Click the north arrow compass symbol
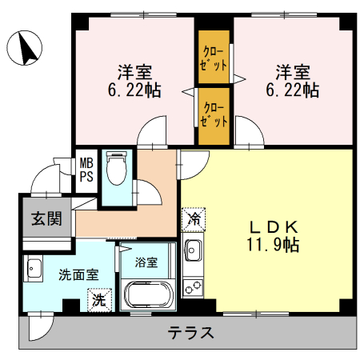(24, 48)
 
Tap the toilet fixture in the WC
(116, 168)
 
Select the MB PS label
(86, 170)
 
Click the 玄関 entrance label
(46, 218)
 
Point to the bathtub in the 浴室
(148, 294)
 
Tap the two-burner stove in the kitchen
(193, 287)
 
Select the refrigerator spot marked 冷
(194, 219)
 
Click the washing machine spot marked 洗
(100, 300)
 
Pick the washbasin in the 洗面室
(33, 268)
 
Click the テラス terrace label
(190, 333)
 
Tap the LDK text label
(274, 227)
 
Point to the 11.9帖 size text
(273, 245)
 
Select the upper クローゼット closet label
(214, 58)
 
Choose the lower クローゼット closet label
(214, 114)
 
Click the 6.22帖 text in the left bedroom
(134, 90)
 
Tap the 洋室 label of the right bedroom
(293, 72)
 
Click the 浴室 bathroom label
(146, 262)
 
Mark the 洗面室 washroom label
(78, 275)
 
